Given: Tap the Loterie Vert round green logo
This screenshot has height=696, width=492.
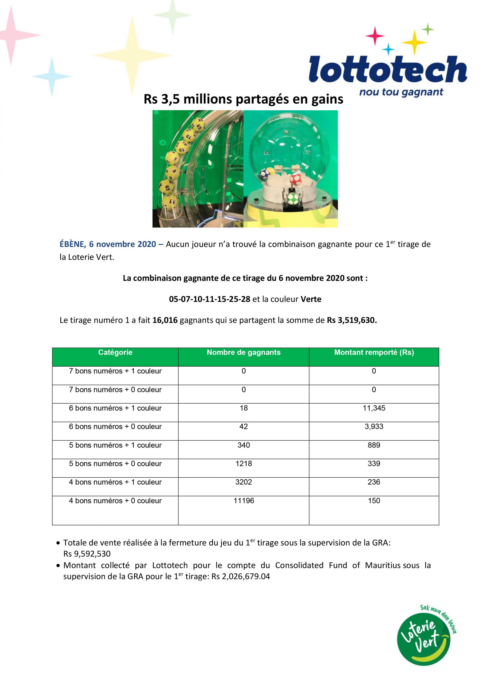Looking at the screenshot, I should click(x=424, y=639).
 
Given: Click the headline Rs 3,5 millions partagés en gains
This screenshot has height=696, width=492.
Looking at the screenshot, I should click(x=243, y=99).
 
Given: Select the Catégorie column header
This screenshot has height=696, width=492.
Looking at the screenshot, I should click(x=115, y=352).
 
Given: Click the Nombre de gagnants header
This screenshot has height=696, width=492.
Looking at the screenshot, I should click(x=243, y=352).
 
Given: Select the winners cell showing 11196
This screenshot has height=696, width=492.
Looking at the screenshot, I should click(x=243, y=501).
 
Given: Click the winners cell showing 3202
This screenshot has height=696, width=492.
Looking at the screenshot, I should click(x=243, y=482).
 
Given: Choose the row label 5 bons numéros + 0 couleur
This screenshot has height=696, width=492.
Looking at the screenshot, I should click(x=115, y=463).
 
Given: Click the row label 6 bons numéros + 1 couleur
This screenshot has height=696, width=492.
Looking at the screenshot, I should click(x=115, y=408).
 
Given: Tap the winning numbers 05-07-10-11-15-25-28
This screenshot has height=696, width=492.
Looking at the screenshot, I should click(x=209, y=299).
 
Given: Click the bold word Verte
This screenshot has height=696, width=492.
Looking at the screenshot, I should click(x=311, y=299).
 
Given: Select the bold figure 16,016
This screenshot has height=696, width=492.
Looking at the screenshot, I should click(x=165, y=320).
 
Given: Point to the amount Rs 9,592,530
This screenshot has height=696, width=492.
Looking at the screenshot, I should click(x=87, y=554).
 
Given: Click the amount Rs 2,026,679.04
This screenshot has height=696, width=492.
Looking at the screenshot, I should click(x=240, y=576).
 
